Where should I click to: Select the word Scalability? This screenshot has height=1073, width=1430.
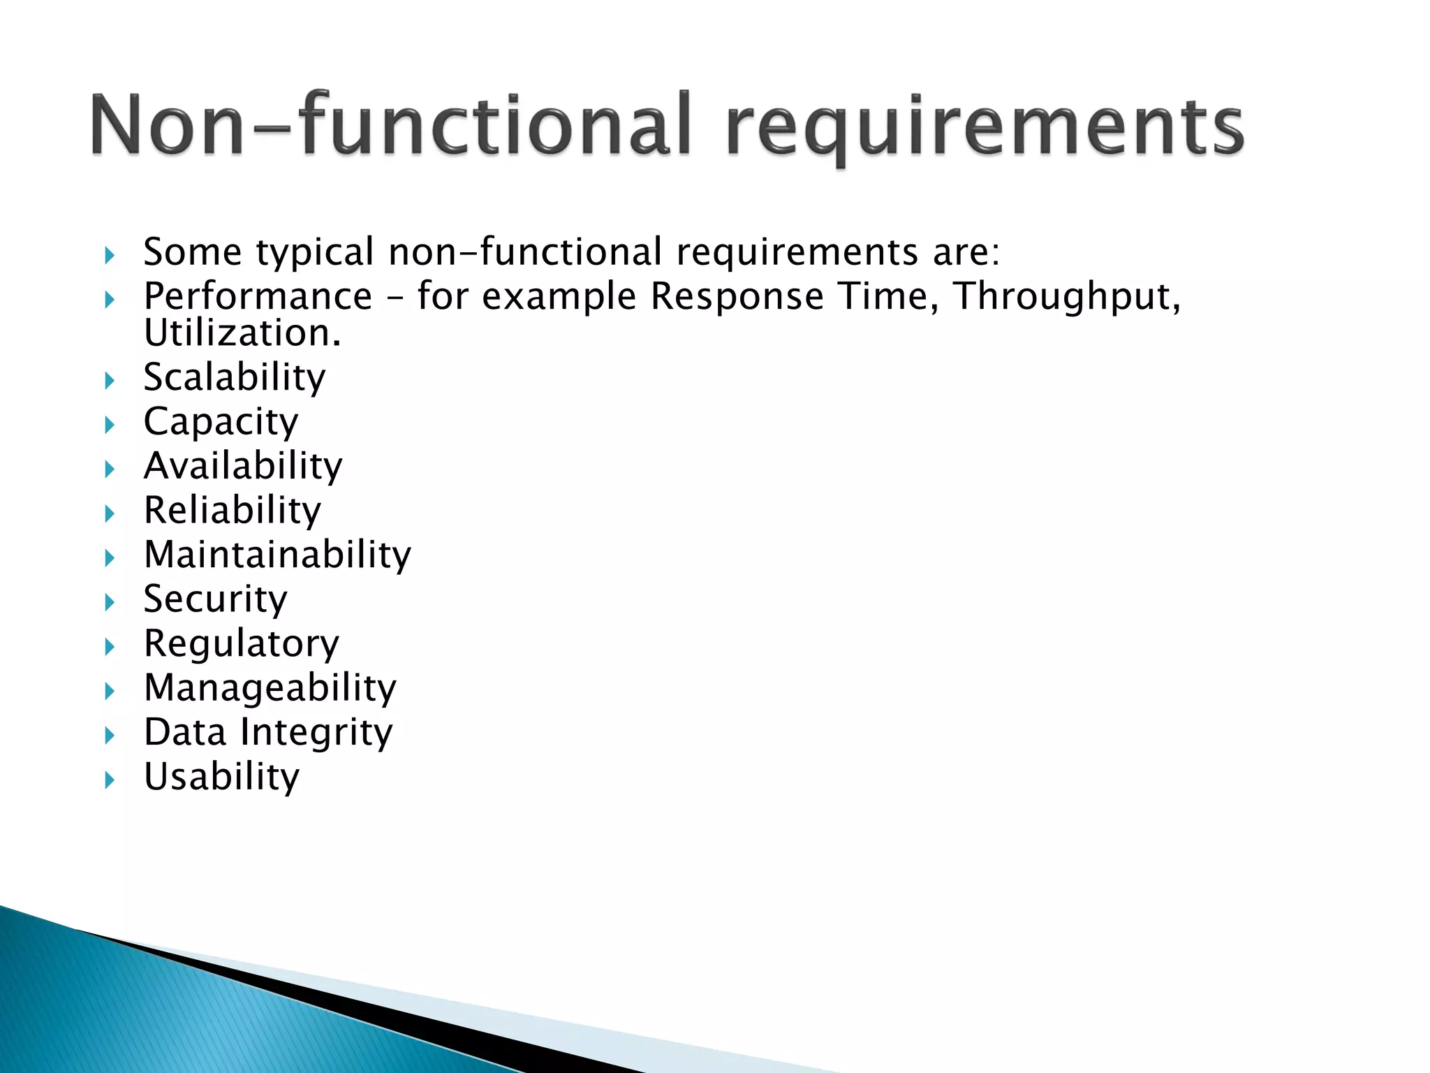click(235, 378)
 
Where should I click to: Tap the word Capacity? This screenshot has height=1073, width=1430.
click(221, 423)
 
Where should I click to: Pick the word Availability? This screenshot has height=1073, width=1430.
click(243, 466)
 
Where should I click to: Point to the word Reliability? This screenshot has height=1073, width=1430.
click(233, 511)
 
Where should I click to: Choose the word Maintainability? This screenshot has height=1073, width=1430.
click(277, 555)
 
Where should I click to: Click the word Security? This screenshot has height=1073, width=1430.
click(215, 599)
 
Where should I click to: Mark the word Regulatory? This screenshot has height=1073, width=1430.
click(241, 644)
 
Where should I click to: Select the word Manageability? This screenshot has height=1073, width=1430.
click(270, 688)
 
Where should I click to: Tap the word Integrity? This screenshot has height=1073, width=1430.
click(316, 733)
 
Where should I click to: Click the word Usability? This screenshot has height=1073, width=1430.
click(221, 777)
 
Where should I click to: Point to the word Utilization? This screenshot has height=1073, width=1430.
click(242, 333)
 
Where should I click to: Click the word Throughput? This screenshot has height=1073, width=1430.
click(1066, 297)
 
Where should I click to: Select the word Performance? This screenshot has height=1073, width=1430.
click(258, 296)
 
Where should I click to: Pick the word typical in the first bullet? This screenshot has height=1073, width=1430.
click(315, 253)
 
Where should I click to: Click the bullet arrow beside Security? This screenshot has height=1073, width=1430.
click(110, 602)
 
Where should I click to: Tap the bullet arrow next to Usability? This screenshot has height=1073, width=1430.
click(110, 780)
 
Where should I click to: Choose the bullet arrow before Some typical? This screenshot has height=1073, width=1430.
click(110, 256)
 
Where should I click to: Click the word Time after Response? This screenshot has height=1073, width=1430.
click(887, 296)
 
